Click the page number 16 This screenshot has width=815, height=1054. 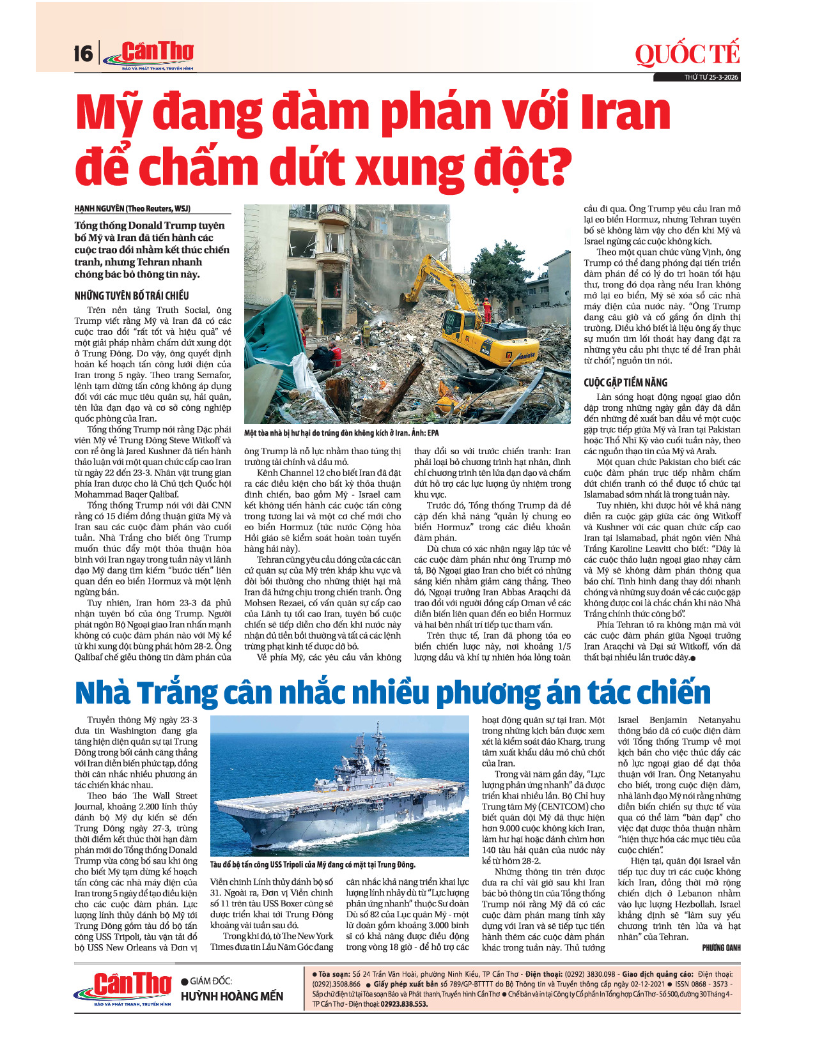point(83,53)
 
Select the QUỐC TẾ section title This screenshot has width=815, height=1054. point(687,55)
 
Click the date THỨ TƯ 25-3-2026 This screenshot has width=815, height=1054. point(711,77)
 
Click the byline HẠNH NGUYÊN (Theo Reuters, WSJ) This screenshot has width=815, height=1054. point(132,209)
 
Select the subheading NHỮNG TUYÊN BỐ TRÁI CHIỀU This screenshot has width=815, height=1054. point(132,296)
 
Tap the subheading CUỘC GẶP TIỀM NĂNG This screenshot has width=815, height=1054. point(625,383)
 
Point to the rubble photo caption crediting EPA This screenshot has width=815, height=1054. point(341,433)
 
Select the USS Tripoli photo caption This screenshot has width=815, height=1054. point(313,865)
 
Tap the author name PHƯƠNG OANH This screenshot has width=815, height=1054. point(721,948)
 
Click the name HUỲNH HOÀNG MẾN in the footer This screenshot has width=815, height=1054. point(232,997)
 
